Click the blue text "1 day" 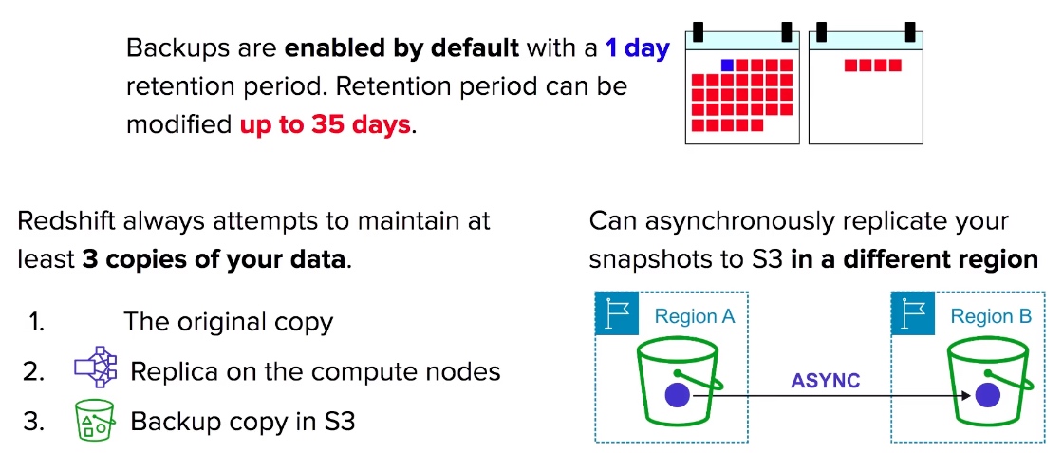[x=637, y=48]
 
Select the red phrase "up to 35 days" [x=326, y=124]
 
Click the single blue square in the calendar [x=727, y=66]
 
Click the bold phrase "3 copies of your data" [x=214, y=260]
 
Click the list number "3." [x=33, y=422]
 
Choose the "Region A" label [x=695, y=316]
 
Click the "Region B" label [x=991, y=316]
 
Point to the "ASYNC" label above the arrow [x=826, y=381]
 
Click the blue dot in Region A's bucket [x=677, y=395]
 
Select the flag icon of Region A [x=616, y=314]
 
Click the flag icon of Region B [x=912, y=314]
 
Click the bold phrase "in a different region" [x=915, y=260]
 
